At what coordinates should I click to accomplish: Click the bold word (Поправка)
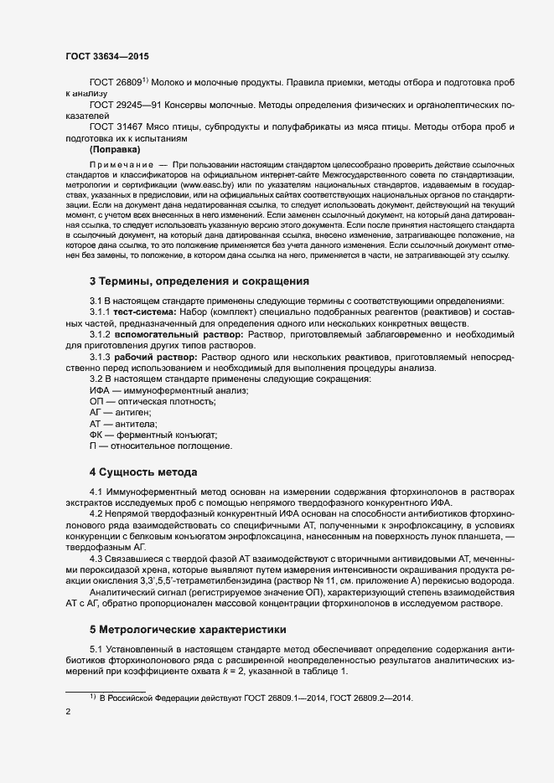pyautogui.click(x=115, y=148)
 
